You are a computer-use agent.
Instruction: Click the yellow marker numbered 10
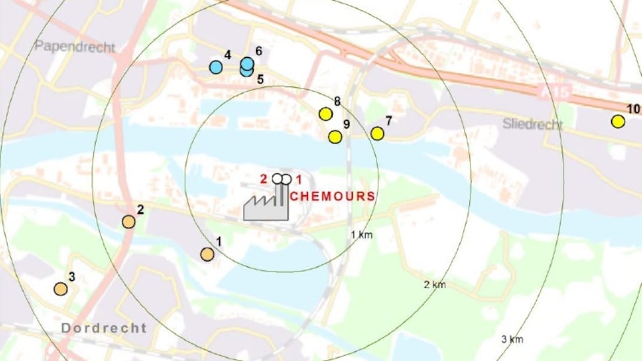[618, 122]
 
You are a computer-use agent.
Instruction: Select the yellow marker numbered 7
[377, 133]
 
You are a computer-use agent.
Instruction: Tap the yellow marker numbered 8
[325, 114]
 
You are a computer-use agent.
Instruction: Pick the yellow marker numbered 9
[335, 137]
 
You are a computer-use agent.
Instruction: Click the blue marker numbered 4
[216, 67]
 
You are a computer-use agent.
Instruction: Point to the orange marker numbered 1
[207, 254]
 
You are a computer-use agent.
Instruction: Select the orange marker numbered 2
[128, 221]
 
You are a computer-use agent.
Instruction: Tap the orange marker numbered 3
[61, 289]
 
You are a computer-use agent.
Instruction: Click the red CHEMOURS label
[333, 196]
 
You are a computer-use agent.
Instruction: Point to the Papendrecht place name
[75, 46]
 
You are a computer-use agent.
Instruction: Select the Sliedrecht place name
[532, 124]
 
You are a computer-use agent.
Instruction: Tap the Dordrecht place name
[104, 328]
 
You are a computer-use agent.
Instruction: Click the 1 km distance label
[362, 234]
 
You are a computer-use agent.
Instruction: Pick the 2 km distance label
[435, 285]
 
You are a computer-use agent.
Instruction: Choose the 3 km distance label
[512, 339]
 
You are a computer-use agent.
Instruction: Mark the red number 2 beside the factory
[264, 179]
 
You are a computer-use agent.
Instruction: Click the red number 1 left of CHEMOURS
[298, 179]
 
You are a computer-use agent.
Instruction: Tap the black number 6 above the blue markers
[258, 51]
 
